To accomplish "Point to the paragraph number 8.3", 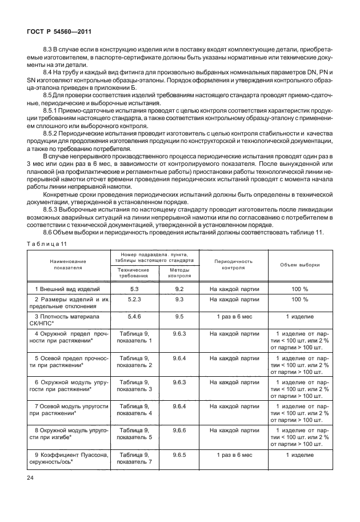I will (x=49, y=52).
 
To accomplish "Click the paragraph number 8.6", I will (x=49, y=231).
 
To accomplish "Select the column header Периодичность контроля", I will (x=234, y=264).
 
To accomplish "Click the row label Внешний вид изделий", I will (x=67, y=289).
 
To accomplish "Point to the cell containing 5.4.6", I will (x=134, y=316).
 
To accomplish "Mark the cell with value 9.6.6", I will (x=179, y=429).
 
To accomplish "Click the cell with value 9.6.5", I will (x=179, y=455).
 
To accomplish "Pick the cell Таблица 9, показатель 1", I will (x=134, y=337).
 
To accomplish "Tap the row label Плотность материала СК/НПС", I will (x=67, y=320).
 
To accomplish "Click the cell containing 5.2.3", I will (x=134, y=299).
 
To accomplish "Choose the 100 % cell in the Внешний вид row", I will (x=299, y=289).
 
